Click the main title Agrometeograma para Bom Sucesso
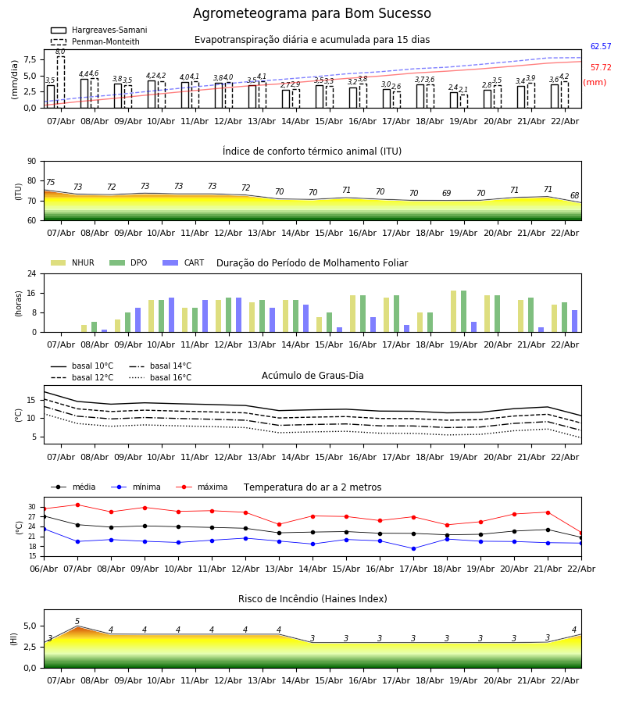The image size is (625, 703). [312, 14]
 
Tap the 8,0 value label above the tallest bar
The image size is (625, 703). [60, 52]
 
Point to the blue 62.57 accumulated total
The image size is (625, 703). [601, 47]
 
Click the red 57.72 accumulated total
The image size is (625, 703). [601, 68]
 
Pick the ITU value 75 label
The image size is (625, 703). [50, 183]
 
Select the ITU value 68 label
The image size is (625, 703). [574, 196]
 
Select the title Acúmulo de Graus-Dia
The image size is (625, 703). [312, 376]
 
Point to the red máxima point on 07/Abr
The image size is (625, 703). [77, 505]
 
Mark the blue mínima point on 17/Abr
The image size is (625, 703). [413, 548]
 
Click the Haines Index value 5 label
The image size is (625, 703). [77, 622]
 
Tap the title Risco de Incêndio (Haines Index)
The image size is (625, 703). [312, 599]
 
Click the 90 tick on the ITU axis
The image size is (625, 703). [31, 162]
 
